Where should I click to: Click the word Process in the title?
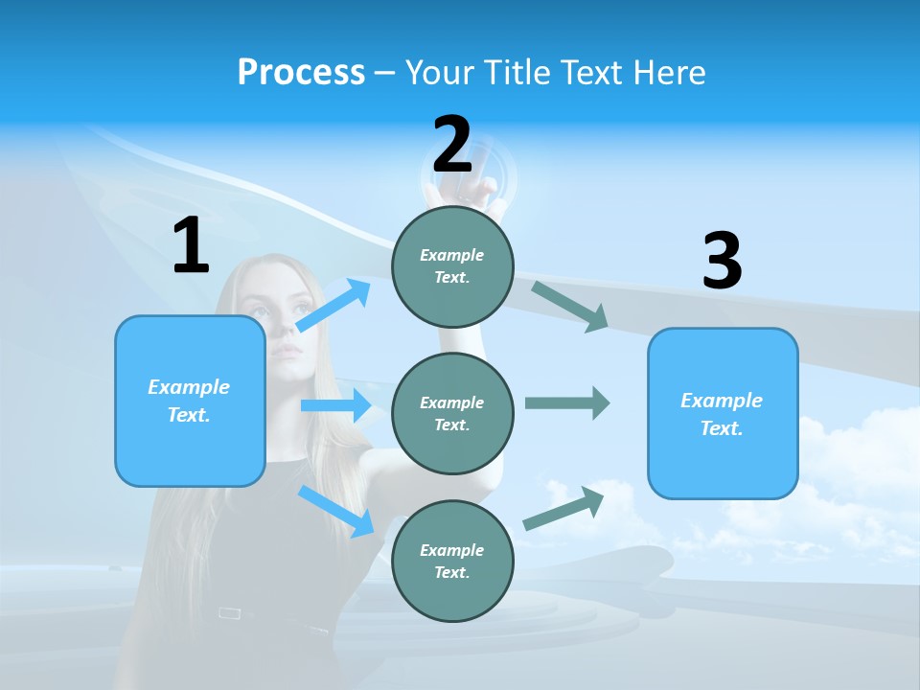301,72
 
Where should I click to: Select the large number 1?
191,246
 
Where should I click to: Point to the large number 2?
452,145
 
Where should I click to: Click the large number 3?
722,261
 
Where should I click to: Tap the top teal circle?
452,266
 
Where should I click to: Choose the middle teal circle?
452,413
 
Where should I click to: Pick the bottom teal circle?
452,561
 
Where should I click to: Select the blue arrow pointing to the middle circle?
335,405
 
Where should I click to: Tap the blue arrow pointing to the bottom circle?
336,511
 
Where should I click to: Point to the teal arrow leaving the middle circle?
566,402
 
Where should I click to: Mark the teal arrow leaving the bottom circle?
563,509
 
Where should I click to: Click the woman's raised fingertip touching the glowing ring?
491,181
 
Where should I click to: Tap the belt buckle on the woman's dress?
229,612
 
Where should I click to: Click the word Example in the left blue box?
189,387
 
